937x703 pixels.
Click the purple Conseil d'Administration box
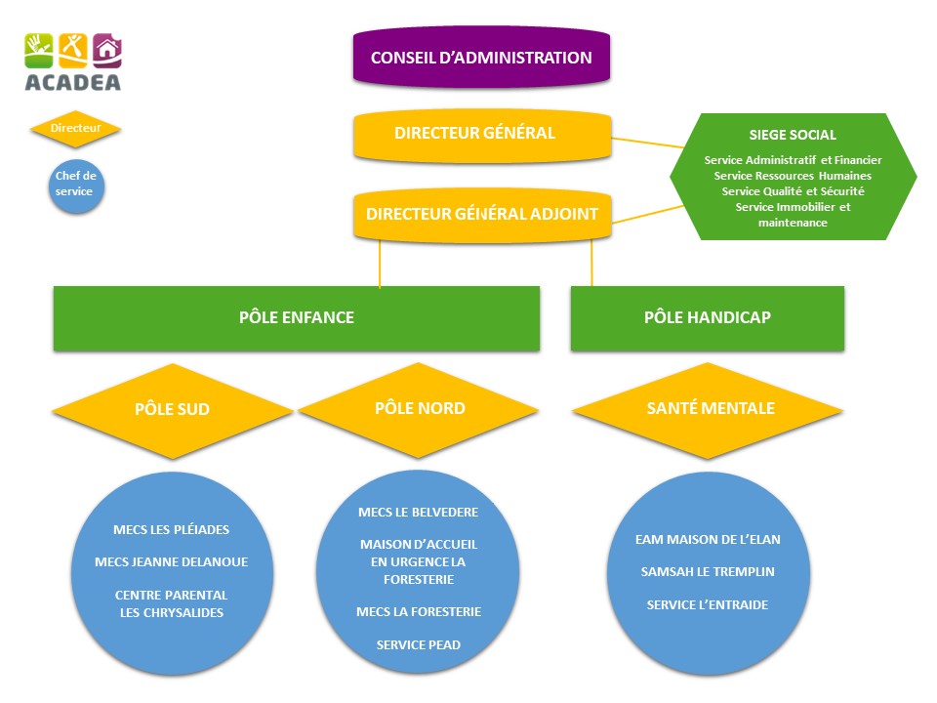pos(481,58)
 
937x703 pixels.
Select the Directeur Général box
pos(481,134)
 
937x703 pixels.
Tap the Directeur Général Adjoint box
pos(481,214)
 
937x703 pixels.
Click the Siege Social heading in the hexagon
pos(793,136)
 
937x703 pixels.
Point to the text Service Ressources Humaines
pos(793,176)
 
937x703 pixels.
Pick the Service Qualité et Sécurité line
pos(793,191)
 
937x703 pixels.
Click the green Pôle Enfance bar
pos(297,318)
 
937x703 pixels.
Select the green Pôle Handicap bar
pos(707,318)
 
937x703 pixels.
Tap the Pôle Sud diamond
pos(172,410)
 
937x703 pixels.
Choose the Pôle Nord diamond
pos(420,408)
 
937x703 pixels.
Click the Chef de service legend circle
pos(75,185)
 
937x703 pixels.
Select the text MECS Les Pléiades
pos(172,530)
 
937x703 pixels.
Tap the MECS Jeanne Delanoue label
pos(172,562)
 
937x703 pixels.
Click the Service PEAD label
pos(419,644)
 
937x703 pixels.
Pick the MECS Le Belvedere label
pos(419,512)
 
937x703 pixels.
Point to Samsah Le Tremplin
pos(708,571)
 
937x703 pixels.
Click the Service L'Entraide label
pos(708,605)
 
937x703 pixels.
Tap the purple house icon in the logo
pos(106,48)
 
